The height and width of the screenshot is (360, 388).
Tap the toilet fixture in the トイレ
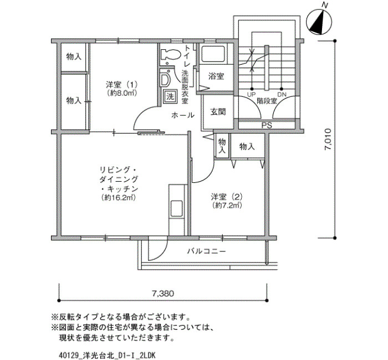(x=171, y=55)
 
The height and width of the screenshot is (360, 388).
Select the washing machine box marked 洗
(x=170, y=96)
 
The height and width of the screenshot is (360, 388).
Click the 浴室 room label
(x=216, y=76)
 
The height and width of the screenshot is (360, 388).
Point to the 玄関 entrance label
(x=218, y=112)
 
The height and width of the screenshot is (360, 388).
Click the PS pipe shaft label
(x=267, y=125)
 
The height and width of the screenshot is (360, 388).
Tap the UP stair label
(x=251, y=95)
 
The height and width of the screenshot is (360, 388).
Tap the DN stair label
(x=282, y=95)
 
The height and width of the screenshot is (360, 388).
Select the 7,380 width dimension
(x=163, y=294)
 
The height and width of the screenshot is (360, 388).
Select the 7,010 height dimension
(x=328, y=139)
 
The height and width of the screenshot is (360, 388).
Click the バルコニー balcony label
(x=206, y=251)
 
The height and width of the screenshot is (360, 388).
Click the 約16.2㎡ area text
(x=119, y=197)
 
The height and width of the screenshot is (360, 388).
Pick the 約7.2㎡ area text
(x=227, y=205)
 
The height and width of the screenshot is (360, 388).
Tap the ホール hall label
(x=182, y=115)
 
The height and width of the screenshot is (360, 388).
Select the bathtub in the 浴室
(x=213, y=54)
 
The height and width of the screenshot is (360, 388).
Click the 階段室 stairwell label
(x=267, y=101)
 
